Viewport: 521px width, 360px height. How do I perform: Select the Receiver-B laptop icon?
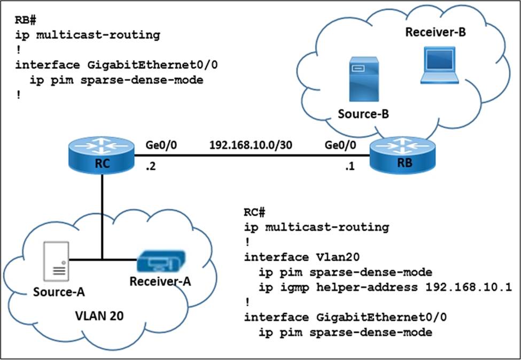tap(439, 65)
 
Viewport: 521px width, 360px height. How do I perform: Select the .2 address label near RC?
tap(151, 166)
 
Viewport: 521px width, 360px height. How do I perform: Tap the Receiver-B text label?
tap(436, 33)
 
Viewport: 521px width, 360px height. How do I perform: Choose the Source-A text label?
tap(58, 292)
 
